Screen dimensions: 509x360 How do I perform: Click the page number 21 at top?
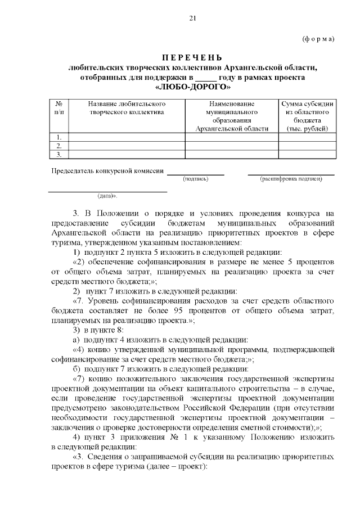point(192,19)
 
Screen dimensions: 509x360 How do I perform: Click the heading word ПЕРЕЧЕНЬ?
point(192,58)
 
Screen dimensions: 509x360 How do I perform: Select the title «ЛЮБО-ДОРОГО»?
point(192,87)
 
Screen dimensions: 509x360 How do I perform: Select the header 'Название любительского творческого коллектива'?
point(127,109)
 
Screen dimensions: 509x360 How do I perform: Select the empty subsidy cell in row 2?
point(307,146)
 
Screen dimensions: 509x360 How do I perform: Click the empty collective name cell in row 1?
point(127,137)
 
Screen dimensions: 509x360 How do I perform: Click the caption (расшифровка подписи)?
point(291,179)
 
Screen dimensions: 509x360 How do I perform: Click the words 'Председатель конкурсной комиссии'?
point(107,170)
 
